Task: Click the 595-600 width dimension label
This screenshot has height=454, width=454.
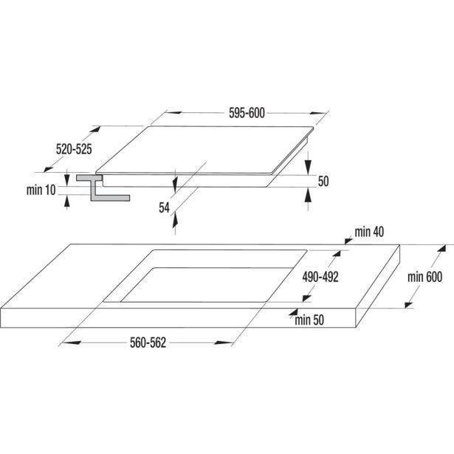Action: tap(247, 113)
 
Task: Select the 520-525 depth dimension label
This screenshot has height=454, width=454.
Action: tap(74, 149)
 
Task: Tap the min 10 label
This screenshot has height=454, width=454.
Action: tap(41, 190)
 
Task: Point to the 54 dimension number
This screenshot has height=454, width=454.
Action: tap(164, 207)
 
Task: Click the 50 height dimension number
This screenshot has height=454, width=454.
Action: tap(323, 182)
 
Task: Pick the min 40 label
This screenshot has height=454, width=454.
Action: tap(369, 232)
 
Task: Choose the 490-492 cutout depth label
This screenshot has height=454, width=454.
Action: tap(320, 277)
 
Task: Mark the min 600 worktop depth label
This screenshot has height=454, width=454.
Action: tap(424, 277)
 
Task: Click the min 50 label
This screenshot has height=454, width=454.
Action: tap(309, 320)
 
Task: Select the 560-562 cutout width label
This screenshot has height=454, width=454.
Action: tap(148, 343)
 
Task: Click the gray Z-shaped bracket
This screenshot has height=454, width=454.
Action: tap(103, 188)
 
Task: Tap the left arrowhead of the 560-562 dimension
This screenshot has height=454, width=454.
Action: tap(72, 343)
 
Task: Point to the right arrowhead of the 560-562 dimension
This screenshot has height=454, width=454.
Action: tap(223, 343)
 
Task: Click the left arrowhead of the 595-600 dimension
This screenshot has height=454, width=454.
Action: tap(173, 112)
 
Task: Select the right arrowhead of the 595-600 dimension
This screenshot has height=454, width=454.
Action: tap(318, 113)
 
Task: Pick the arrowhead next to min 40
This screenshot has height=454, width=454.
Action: tap(348, 241)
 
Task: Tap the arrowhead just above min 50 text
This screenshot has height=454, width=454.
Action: tap(294, 312)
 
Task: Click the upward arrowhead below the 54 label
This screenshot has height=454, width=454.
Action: tap(175, 221)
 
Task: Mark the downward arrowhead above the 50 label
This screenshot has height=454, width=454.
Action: tap(309, 168)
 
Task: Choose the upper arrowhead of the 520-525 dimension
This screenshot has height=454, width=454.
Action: tap(95, 129)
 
